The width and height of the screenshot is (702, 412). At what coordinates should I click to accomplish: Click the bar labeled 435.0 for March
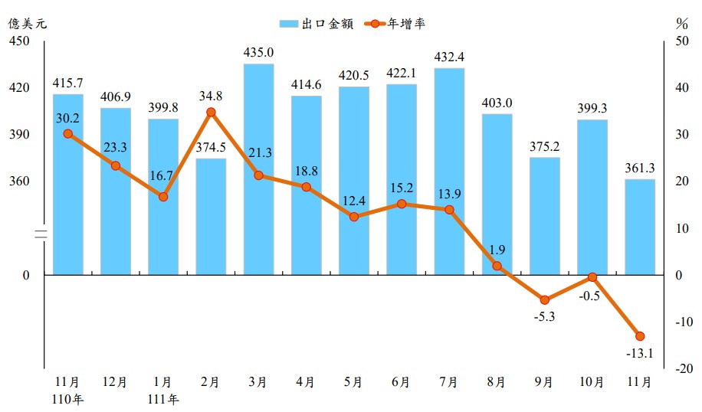(258, 168)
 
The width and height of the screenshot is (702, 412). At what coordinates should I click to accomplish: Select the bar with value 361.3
(640, 227)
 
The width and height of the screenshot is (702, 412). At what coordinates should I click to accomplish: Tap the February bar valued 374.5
(211, 216)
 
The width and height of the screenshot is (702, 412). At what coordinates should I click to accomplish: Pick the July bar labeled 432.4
(449, 171)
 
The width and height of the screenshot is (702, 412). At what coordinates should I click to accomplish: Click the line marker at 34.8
(211, 113)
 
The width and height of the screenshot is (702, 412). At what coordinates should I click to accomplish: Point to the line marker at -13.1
(640, 336)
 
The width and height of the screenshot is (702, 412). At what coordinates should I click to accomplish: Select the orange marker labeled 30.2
(67, 133)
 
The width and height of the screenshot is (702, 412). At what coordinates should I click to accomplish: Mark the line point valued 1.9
(497, 266)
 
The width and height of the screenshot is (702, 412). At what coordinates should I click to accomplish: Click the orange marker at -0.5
(592, 277)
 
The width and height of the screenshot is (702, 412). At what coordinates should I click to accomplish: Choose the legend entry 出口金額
(316, 24)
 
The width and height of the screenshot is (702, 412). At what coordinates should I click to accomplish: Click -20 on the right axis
(680, 368)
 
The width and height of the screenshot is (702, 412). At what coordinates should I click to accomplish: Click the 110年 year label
(67, 398)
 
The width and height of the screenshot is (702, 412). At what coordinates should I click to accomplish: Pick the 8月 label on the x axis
(497, 381)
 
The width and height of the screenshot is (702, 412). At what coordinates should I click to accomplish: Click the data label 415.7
(67, 82)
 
